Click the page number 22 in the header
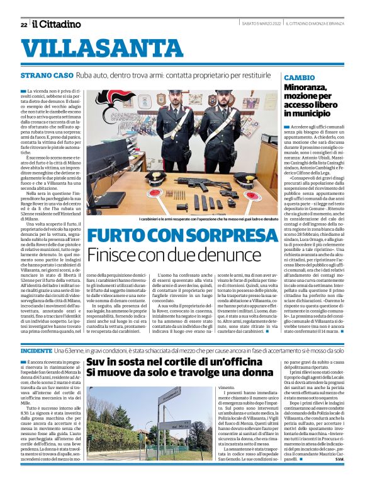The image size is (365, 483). [x=23, y=25]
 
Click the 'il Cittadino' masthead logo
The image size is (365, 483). [x=57, y=24]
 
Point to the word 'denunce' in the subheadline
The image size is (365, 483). [x=213, y=255]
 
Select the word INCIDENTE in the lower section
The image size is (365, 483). [x=36, y=349]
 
